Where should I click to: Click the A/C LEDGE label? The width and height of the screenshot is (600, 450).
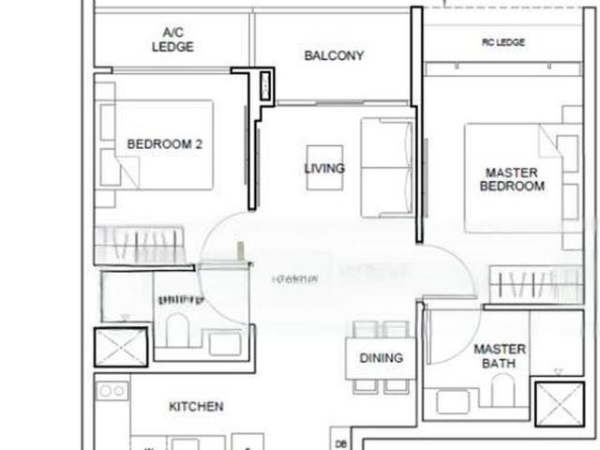click(172, 39)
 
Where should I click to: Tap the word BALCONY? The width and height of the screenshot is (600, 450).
click(334, 55)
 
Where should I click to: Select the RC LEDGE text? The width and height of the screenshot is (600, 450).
click(503, 43)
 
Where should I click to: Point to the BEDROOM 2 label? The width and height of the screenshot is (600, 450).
click(165, 144)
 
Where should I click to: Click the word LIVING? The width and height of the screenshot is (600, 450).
click(324, 169)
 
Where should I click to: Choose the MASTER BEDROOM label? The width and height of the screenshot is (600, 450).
click(512, 179)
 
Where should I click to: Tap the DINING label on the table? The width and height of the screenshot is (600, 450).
click(381, 357)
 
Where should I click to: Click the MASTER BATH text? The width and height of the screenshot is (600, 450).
click(499, 355)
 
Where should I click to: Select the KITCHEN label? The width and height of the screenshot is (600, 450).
click(196, 407)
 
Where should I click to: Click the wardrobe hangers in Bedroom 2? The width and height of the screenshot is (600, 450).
click(136, 246)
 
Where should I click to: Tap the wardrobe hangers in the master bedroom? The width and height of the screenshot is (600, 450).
click(534, 281)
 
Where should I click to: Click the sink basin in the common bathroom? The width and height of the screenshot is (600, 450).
click(225, 343)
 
